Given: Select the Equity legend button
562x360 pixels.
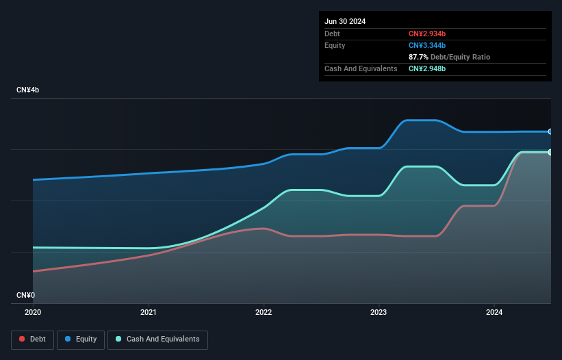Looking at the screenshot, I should [81, 339].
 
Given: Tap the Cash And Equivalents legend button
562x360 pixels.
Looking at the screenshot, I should [157, 339].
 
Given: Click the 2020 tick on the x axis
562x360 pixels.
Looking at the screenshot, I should [33, 312].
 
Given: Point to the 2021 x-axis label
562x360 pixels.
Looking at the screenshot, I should [149, 312].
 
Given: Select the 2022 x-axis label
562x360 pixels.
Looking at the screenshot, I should [264, 312].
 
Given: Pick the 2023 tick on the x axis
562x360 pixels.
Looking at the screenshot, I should [379, 312].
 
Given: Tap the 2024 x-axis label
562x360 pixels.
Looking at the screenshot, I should [494, 312].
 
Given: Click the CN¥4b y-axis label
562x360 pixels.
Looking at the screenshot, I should [28, 90].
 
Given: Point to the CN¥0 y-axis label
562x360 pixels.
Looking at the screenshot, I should [25, 295].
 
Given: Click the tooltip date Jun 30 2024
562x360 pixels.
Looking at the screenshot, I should [345, 21].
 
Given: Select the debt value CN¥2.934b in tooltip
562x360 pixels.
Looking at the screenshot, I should [427, 34].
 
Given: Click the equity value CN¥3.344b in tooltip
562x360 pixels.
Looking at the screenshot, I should [427, 45].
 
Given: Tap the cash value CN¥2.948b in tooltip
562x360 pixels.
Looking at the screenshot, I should [427, 68].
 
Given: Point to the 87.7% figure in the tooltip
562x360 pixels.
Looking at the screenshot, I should [418, 57].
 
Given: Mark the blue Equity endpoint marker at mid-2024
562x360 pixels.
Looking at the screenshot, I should [550, 131].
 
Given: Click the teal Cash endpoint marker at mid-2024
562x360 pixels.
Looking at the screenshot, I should [550, 152].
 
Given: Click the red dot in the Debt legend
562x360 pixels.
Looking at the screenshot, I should [22, 339].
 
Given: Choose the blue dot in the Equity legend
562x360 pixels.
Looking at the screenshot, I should [69, 339].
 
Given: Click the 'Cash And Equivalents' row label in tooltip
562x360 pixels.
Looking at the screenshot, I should [361, 68].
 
